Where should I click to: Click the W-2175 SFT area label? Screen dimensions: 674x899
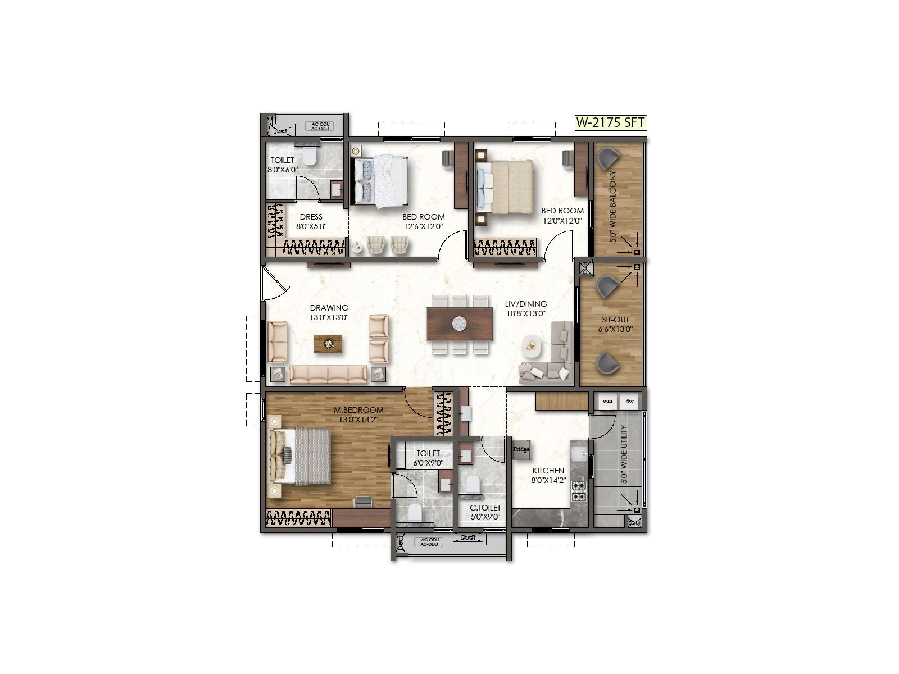pyautogui.click(x=610, y=122)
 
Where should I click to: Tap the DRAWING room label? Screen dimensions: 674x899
pyautogui.click(x=329, y=308)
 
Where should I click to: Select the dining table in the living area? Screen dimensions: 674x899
pyautogui.click(x=460, y=324)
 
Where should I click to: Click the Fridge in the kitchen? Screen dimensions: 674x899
pyautogui.click(x=521, y=449)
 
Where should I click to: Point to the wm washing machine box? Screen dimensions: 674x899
pyautogui.click(x=607, y=401)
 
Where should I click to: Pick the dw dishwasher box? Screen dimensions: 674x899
pyautogui.click(x=629, y=401)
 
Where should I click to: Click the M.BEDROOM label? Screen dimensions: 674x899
pyautogui.click(x=358, y=410)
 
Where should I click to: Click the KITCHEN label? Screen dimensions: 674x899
pyautogui.click(x=548, y=471)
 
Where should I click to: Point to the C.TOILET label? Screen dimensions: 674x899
pyautogui.click(x=485, y=508)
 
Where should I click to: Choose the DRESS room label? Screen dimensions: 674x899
pyautogui.click(x=311, y=217)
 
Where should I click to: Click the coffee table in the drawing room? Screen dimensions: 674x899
pyautogui.click(x=328, y=344)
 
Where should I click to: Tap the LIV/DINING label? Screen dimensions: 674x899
pyautogui.click(x=525, y=304)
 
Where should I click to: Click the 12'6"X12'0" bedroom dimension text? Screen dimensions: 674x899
pyautogui.click(x=423, y=227)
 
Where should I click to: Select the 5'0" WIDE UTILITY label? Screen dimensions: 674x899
pyautogui.click(x=624, y=455)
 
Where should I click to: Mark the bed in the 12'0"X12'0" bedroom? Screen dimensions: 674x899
pyautogui.click(x=505, y=187)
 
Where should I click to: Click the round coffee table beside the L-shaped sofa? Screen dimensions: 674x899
pyautogui.click(x=532, y=346)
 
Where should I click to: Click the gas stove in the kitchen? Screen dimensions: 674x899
pyautogui.click(x=579, y=490)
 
